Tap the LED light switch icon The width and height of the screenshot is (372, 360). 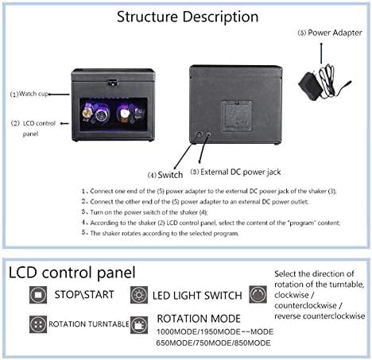[x=138, y=295]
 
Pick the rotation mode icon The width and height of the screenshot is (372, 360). [x=138, y=324]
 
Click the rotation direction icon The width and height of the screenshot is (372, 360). [x=258, y=294]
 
